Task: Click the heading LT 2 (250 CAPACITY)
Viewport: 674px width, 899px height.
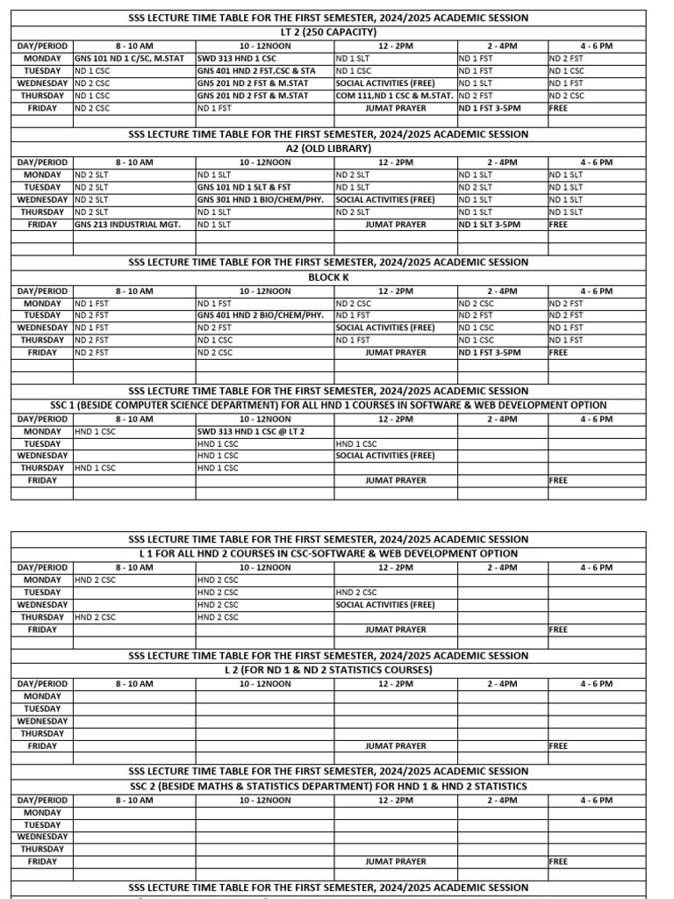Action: coord(328,32)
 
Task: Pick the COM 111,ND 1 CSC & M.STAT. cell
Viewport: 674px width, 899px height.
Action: coord(394,96)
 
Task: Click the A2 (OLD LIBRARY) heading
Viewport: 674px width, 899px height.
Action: coord(328,148)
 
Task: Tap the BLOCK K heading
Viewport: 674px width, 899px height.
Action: coord(328,277)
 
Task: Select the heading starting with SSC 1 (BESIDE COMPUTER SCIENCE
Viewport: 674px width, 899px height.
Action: coord(328,406)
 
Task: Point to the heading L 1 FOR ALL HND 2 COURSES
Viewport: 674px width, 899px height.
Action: coord(328,554)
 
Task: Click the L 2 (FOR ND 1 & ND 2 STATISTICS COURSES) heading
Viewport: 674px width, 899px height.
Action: coord(328,670)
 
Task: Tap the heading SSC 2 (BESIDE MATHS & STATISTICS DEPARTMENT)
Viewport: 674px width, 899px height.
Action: coord(328,787)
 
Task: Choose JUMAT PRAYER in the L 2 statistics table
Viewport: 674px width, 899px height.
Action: coord(396,746)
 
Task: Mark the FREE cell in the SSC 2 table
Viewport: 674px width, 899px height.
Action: coord(558,862)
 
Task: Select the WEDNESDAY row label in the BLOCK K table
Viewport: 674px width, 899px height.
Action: coord(42,327)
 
